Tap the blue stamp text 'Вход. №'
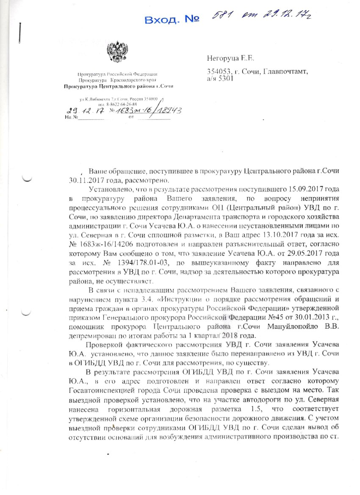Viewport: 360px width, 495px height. [172, 20]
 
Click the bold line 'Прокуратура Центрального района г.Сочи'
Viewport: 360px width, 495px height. [118, 86]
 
